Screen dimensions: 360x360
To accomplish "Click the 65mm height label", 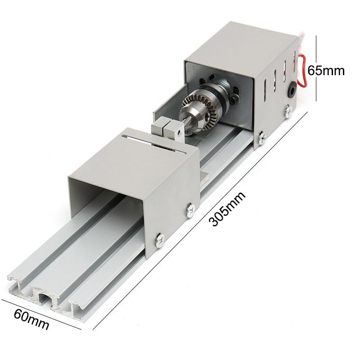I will (326, 70).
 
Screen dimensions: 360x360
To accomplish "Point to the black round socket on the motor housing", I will (292, 91).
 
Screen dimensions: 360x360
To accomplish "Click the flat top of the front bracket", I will (135, 162).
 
